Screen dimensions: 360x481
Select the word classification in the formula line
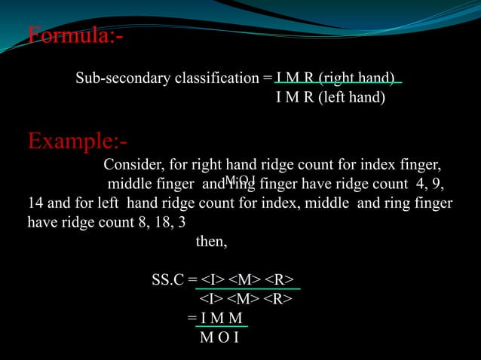pyautogui.click(x=210, y=78)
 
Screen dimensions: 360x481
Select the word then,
pyautogui.click(x=211, y=243)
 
